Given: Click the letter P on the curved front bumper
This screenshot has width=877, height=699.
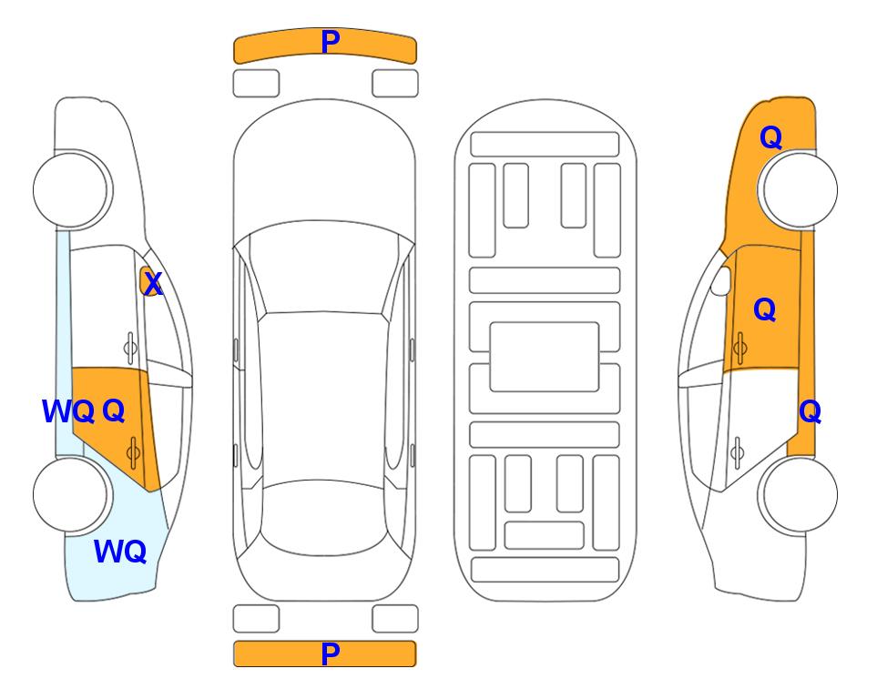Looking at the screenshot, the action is coord(331,41).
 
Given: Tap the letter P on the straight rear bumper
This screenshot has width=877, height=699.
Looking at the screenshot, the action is coord(331,653).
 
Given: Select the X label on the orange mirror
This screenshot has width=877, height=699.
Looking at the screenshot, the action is coord(152,283).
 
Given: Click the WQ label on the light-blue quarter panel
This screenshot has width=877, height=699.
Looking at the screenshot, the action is coord(120,552).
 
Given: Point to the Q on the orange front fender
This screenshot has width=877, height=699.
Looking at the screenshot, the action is coord(770,137).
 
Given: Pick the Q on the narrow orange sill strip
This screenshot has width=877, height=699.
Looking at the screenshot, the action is coord(810,411).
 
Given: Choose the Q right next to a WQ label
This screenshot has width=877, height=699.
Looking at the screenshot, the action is coord(113,411).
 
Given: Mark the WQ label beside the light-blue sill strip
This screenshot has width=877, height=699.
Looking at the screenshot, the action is coord(68,411).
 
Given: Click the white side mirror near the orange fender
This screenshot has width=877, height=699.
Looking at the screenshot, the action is coord(720,280).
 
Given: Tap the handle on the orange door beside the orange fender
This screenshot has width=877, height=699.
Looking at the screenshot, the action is coord(739,348).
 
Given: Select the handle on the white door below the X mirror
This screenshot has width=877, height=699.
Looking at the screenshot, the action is coord(130,348).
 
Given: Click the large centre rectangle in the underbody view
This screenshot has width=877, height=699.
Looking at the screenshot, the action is coord(545,357).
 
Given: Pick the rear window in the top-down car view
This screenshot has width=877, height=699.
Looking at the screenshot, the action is coord(322,517).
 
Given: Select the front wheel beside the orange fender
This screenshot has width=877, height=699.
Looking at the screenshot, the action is coord(797,189).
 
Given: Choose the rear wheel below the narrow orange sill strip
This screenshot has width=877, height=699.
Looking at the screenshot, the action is coord(797,495).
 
